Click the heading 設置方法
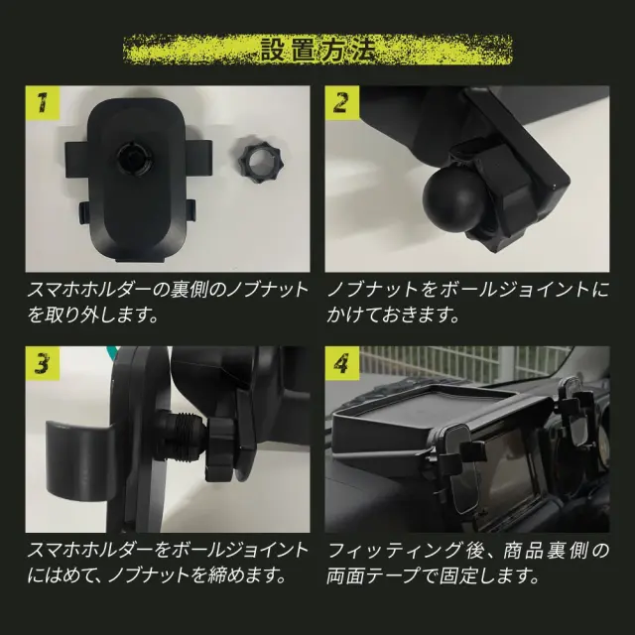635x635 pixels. [x=317, y=51]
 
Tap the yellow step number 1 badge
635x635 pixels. [x=43, y=103]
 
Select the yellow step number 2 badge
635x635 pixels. [x=341, y=103]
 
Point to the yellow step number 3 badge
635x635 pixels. [x=43, y=363]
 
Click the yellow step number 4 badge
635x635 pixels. [x=341, y=363]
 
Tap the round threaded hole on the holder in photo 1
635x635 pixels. [x=135, y=157]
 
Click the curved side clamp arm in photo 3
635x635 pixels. [x=79, y=460]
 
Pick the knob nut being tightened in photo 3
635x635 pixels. [x=220, y=448]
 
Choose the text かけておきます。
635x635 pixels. [x=393, y=316]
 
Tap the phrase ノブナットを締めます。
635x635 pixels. [x=197, y=575]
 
